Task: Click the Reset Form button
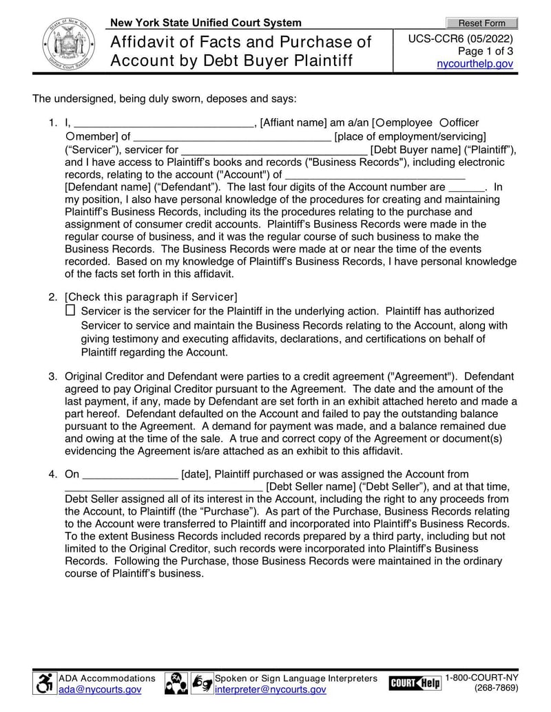pos(481,23)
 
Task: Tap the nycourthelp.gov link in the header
pos(475,64)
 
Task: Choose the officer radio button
pos(444,122)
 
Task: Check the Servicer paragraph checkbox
pos(70,311)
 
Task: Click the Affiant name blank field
pos(163,124)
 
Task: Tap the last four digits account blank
pos(466,187)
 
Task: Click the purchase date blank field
pos(129,475)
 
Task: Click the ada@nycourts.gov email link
pos(100,689)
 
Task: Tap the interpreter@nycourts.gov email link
pos(270,689)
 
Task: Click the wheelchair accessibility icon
pos(45,683)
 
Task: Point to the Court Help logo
pos(415,683)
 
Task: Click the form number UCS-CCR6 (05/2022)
pos(461,39)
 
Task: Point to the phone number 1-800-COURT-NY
pos(482,678)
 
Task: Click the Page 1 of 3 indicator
pos(486,52)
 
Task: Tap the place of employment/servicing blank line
pos(232,137)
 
